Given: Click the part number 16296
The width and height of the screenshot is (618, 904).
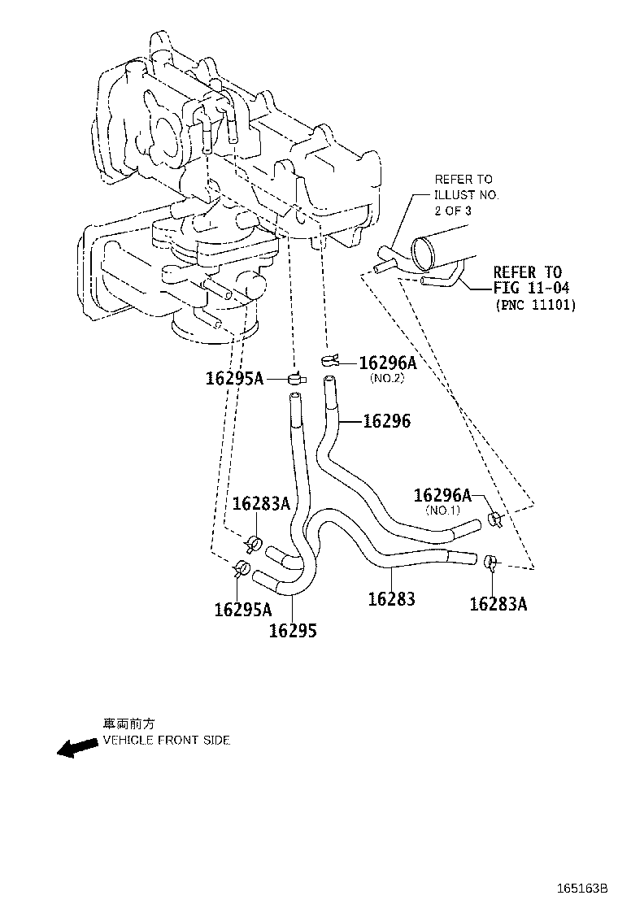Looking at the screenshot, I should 386,421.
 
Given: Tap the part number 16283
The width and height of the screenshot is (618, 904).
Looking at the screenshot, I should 391,599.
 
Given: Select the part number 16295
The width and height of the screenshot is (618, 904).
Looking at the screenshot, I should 294,630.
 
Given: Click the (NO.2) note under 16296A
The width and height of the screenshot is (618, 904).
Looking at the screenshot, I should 387,379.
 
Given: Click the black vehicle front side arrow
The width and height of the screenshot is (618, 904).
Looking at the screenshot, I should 76,748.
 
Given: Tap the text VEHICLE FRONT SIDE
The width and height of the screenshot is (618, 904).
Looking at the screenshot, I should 166,741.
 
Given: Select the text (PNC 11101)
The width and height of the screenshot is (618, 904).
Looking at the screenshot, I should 535,306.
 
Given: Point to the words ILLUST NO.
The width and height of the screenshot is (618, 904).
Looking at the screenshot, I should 466,195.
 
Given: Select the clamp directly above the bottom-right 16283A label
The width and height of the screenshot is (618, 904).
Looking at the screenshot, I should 490,561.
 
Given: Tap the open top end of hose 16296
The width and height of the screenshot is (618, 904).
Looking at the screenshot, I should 329,380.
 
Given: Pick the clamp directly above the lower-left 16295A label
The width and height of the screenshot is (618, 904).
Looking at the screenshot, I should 242,567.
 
